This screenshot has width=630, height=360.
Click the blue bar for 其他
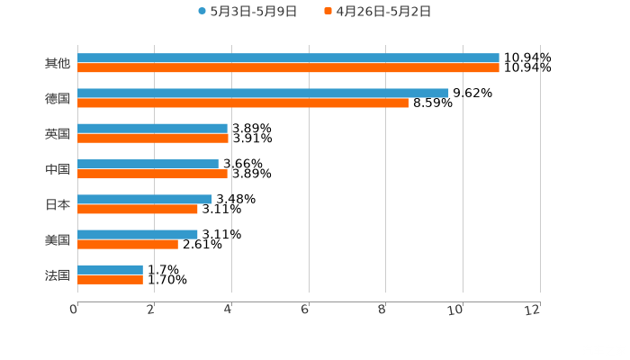pos(288,58)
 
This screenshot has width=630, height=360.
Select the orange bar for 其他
pos(288,67)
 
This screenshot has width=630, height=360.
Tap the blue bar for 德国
pos(263,93)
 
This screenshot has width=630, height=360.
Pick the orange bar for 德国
pos(243,103)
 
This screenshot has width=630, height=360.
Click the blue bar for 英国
pos(152,128)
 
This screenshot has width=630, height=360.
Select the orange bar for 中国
pos(152,174)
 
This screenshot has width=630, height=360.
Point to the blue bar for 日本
pos(145,199)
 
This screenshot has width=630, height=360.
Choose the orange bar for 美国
pos(128,244)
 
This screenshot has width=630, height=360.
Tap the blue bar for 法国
pos(110,269)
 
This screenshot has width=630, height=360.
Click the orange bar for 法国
pos(110,279)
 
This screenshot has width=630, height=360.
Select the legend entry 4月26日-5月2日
pos(383,12)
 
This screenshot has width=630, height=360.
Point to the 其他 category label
pos(57,63)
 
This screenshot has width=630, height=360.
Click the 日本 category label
pos(57,204)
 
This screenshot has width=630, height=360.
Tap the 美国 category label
pos(57,239)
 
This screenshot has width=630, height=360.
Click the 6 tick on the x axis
pos(306,310)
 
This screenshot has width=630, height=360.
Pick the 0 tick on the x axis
pos(74,310)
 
